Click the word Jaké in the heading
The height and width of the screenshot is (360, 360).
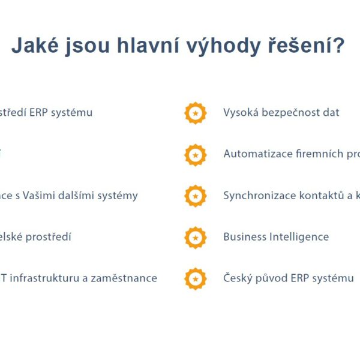(x=37, y=46)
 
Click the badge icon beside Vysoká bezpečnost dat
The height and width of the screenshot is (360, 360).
(x=195, y=113)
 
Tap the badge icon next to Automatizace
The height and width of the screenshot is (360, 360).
(x=195, y=155)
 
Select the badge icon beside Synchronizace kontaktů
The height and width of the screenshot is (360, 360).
(x=195, y=196)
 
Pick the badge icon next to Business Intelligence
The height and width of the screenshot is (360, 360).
(x=195, y=238)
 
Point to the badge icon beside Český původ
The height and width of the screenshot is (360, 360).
(x=195, y=278)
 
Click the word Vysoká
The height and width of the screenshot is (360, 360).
(x=241, y=113)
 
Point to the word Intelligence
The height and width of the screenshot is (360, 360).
(x=299, y=237)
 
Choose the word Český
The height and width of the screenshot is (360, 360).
(x=238, y=278)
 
